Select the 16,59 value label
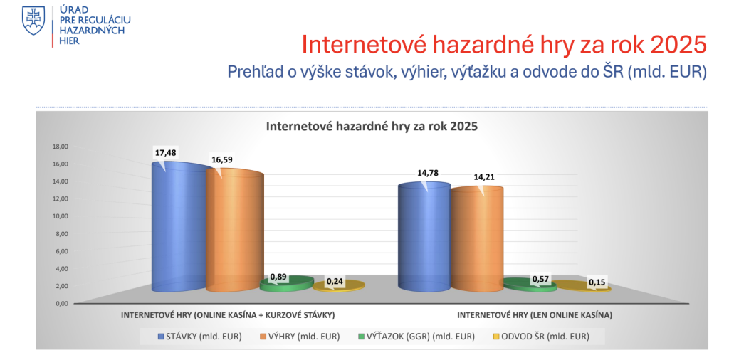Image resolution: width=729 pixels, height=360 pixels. pos(222,160)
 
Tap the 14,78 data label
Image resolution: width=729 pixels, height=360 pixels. pos(428,173)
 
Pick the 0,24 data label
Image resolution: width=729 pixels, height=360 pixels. pos(334,282)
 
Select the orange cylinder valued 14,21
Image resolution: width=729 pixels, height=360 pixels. pos(476,239)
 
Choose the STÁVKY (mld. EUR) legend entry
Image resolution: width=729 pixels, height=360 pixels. pos(199,337)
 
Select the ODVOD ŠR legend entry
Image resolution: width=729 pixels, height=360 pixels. pos(538,337)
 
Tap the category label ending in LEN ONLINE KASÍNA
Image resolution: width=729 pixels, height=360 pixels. pos(535,315)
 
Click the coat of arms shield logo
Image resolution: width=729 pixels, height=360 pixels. pos(33,21)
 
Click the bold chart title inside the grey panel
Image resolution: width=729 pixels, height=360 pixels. pos(371,127)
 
